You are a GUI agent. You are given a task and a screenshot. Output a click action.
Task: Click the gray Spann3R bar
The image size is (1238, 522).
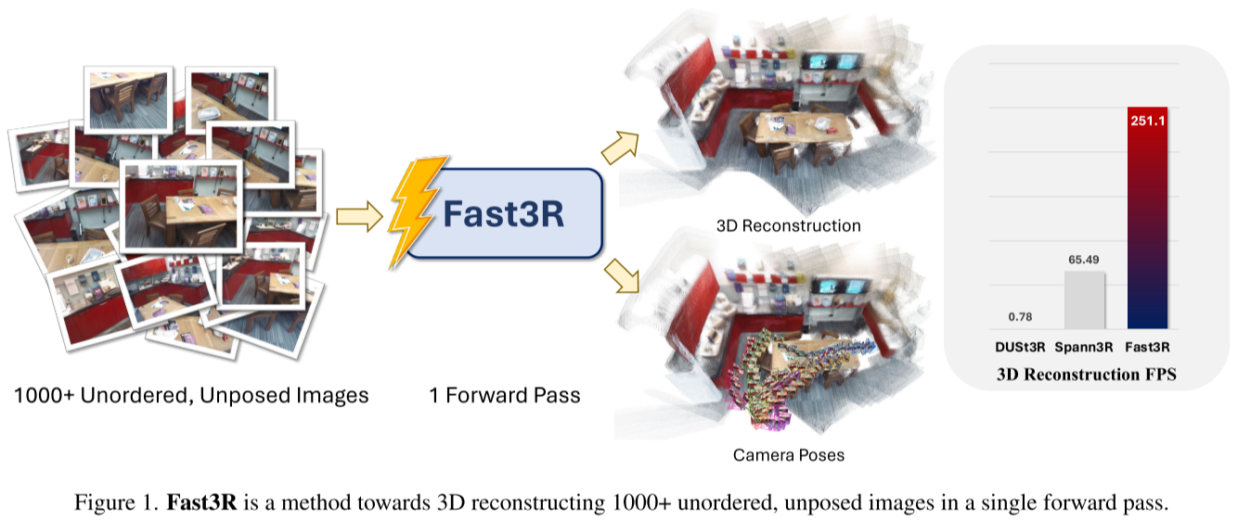1084,299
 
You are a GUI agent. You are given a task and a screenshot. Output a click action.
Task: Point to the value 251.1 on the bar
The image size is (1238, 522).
1147,120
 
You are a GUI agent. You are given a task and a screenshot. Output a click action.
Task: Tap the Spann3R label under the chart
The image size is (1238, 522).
1085,348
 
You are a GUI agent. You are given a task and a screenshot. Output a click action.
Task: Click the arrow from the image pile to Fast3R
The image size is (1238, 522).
358,217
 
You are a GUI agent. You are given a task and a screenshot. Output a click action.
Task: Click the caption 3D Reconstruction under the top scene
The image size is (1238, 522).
788,225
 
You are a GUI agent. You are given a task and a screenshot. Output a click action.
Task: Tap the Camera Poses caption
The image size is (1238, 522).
789,455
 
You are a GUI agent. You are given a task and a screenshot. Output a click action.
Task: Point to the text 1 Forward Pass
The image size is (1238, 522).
504,395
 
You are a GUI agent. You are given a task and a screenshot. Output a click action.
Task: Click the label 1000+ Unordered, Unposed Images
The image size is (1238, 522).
191,395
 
